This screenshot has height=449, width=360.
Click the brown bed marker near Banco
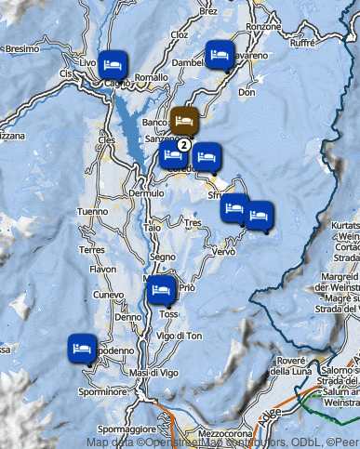[x=184, y=121]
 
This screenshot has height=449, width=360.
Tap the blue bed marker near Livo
[x=113, y=64]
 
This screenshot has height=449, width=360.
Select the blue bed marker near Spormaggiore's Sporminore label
[x=83, y=350]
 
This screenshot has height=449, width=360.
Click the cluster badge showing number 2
[x=184, y=144]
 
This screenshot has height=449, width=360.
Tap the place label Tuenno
[x=92, y=211]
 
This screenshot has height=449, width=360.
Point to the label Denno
[x=127, y=316]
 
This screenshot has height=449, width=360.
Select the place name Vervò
[x=224, y=252]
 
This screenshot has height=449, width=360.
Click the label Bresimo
[x=21, y=47]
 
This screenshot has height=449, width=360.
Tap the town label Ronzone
[x=263, y=27]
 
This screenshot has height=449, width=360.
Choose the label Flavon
[x=103, y=270]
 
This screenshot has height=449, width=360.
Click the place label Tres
[x=193, y=224]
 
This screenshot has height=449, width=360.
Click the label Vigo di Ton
[x=180, y=335]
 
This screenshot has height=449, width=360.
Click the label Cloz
[x=180, y=34]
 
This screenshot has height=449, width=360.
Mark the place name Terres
[x=91, y=250]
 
